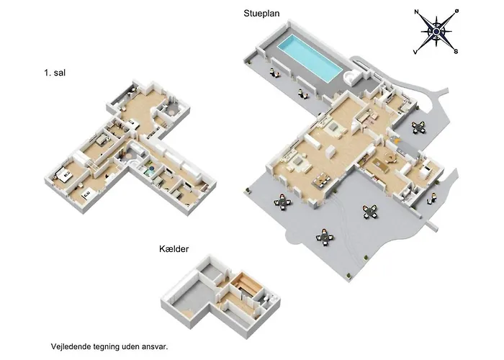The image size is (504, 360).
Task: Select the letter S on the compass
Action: point(456,51)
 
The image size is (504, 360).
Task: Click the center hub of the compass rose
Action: point(436,31)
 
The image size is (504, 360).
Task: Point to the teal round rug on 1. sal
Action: point(148,174)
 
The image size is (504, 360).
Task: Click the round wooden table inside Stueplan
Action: point(392,158)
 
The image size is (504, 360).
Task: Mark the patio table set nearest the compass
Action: point(418,127)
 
